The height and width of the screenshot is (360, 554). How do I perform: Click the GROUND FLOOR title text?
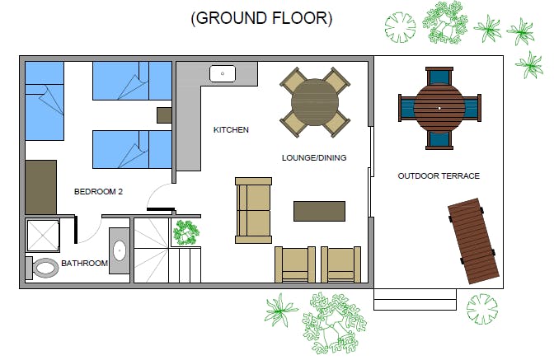coord(261,18)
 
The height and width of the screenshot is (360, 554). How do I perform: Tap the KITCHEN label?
coord(231,130)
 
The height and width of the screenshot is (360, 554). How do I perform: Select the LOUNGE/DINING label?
coord(314,158)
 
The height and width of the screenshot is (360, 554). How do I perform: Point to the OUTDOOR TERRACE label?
coord(439,175)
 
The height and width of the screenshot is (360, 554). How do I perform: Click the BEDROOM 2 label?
coord(98,192)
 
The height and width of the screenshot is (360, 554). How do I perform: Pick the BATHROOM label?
coord(84,264)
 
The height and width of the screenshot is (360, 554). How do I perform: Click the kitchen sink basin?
coord(223,74)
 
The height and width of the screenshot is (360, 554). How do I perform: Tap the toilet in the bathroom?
coord(42,268)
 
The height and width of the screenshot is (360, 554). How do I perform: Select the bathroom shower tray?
coord(43,236)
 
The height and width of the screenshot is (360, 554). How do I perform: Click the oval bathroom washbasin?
coord(120,250)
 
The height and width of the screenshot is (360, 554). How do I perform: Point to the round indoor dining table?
coord(315,102)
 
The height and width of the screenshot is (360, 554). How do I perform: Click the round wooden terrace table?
coord(439,108)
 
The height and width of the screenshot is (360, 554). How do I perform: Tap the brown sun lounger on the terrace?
coord(473,241)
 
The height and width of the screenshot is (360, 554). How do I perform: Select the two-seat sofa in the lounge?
coord(254,211)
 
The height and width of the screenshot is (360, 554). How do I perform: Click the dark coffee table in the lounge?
coord(319,212)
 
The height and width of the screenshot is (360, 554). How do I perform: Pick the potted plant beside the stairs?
coord(185,232)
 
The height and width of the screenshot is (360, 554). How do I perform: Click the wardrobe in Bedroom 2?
coord(41,187)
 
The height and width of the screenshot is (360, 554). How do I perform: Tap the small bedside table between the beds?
coord(164,115)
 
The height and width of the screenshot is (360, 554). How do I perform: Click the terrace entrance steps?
coord(415,300)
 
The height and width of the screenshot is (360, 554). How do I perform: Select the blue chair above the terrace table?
coord(439,77)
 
